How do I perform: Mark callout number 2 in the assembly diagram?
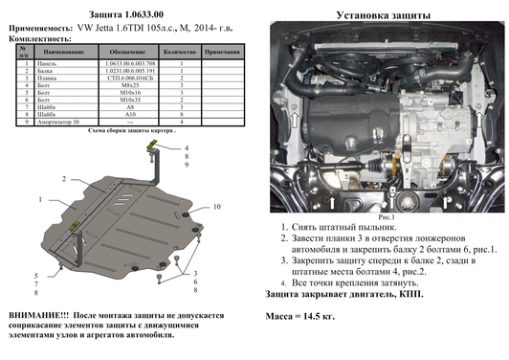click(x=64, y=179)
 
